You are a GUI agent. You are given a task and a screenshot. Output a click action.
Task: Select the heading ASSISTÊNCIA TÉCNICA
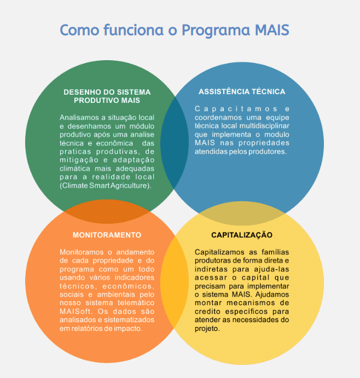coord(242,91)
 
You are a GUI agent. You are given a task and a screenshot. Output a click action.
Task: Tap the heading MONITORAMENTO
coord(107,235)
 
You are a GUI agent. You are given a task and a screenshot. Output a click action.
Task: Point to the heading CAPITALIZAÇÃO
coord(241,235)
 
